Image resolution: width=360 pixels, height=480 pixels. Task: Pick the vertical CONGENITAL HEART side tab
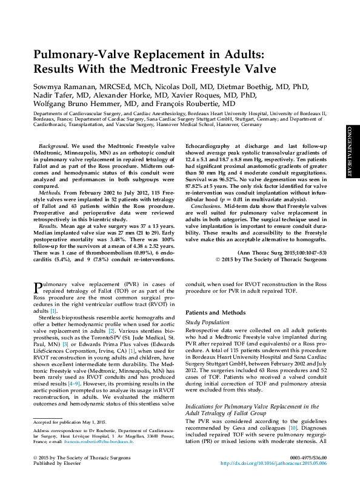tap(349, 152)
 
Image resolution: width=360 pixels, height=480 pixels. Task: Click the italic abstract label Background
tap(53, 147)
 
